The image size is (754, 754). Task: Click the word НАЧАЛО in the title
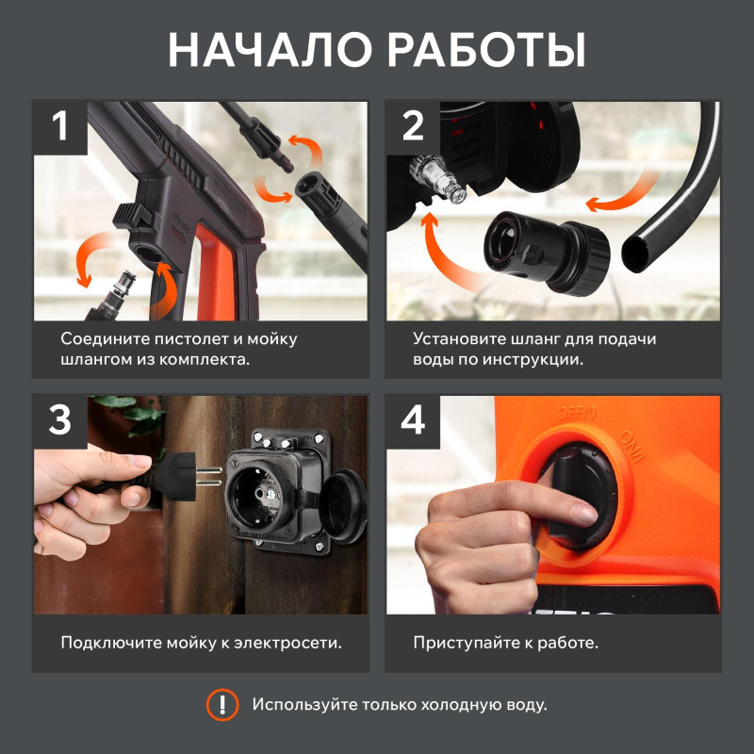point(270,51)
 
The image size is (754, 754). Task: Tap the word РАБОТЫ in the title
point(486,51)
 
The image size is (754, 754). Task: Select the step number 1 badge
point(59,127)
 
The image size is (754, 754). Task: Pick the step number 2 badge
point(413,127)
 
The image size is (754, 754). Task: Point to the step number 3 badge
point(59,421)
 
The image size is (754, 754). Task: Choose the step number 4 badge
point(413,421)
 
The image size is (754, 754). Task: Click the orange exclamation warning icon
point(222,704)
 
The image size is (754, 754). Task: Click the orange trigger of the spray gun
point(215,273)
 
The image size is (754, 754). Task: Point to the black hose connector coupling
point(547,253)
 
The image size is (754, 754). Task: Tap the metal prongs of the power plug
point(209,476)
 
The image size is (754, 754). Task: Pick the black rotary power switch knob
point(576,496)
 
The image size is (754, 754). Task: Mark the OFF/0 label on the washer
point(576,413)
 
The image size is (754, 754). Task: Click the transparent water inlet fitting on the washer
point(437,179)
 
